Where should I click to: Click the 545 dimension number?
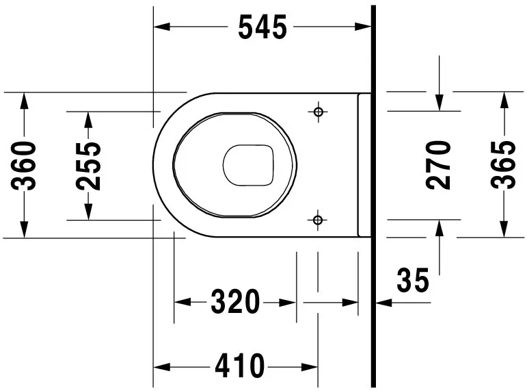(x=262, y=27)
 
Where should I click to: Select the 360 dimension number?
(x=25, y=165)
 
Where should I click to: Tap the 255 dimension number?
(x=88, y=165)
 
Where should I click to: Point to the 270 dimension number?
(x=439, y=164)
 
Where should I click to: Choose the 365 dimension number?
(x=504, y=164)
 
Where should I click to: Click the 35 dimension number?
(x=413, y=281)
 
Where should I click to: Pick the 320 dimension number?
(x=235, y=302)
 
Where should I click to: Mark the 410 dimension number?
(x=239, y=367)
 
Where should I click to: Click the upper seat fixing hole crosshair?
(x=317, y=111)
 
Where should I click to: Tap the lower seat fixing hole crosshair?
(x=317, y=219)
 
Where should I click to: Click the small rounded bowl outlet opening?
(x=249, y=165)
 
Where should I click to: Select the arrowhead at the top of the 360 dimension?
(x=25, y=100)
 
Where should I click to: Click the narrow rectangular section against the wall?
(x=364, y=165)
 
